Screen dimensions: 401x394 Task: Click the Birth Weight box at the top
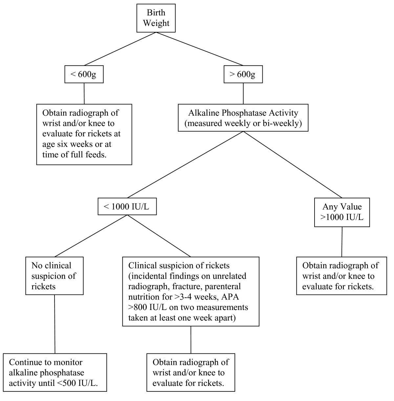[x=156, y=18]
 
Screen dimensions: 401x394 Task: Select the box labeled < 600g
[x=84, y=75]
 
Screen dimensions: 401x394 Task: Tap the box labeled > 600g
[x=243, y=75]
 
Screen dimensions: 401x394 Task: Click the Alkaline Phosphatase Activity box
[x=243, y=118]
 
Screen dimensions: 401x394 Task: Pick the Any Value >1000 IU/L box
[x=342, y=212]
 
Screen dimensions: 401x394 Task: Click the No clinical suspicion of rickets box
[x=55, y=276]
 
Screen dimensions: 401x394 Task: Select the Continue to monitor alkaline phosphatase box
[x=55, y=372]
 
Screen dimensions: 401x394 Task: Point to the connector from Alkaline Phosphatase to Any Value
[x=292, y=165]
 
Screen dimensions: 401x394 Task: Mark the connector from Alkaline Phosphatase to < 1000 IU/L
[x=186, y=165]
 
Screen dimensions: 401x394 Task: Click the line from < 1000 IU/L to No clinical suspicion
[x=91, y=235]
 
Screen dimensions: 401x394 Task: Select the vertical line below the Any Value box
[x=342, y=242]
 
